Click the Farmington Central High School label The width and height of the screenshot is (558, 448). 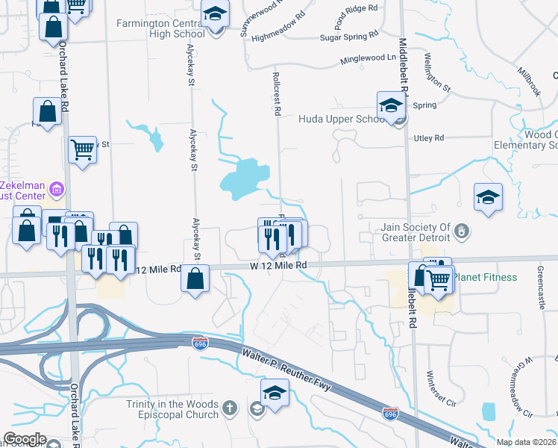(x=160, y=28)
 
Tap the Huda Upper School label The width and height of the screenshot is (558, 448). (x=342, y=119)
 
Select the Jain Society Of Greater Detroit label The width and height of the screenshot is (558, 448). (x=413, y=232)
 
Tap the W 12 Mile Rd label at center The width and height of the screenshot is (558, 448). (x=278, y=265)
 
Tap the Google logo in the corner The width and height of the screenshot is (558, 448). (x=25, y=439)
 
